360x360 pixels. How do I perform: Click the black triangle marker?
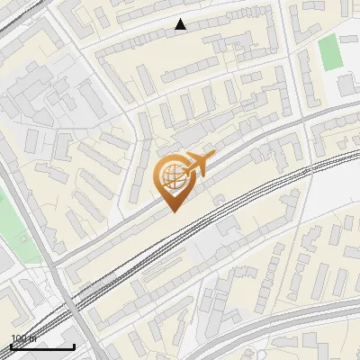181,25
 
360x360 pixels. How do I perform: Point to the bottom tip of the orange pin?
174,212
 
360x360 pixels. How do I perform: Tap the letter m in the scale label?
33,338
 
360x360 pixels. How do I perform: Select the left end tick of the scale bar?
11,346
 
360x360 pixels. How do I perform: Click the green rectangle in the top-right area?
332,52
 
